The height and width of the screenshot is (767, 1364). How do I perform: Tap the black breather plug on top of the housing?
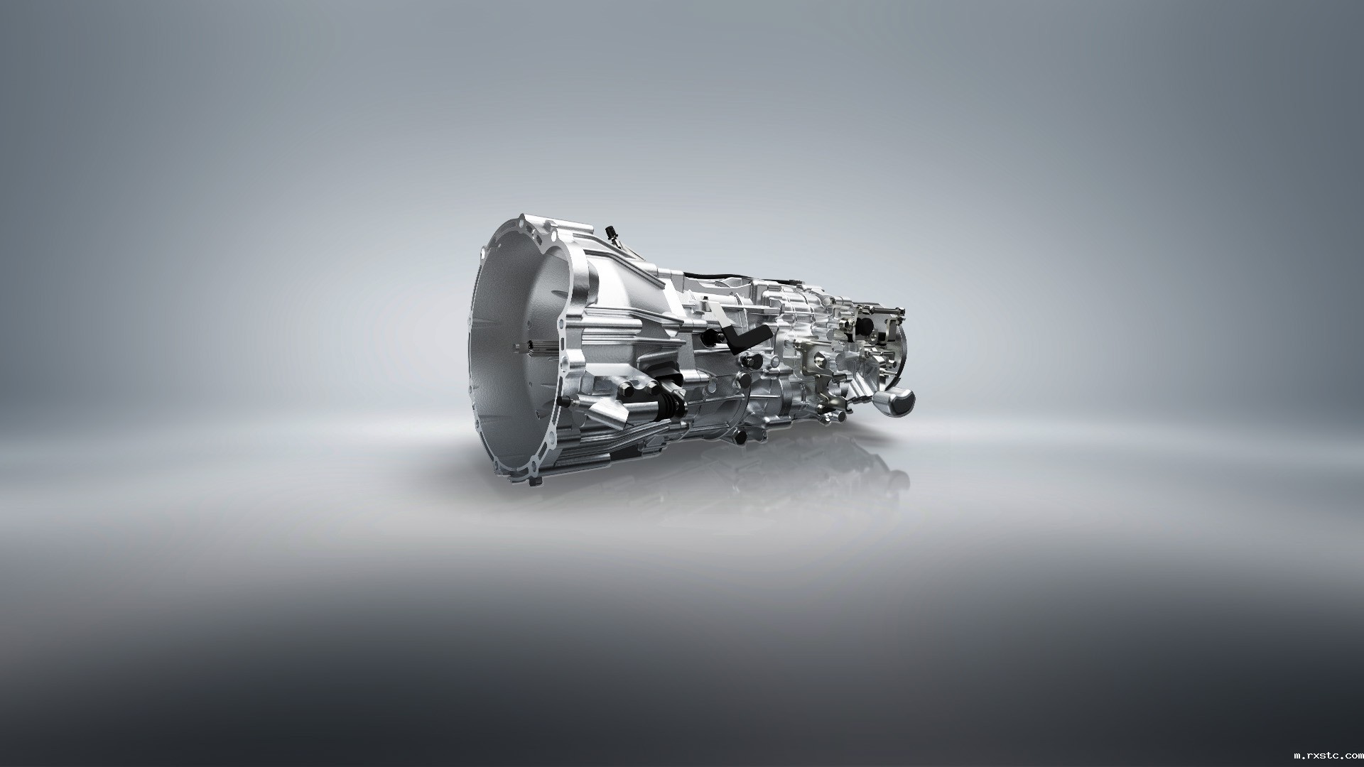609,232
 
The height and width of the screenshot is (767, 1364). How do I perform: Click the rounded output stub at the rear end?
896,403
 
